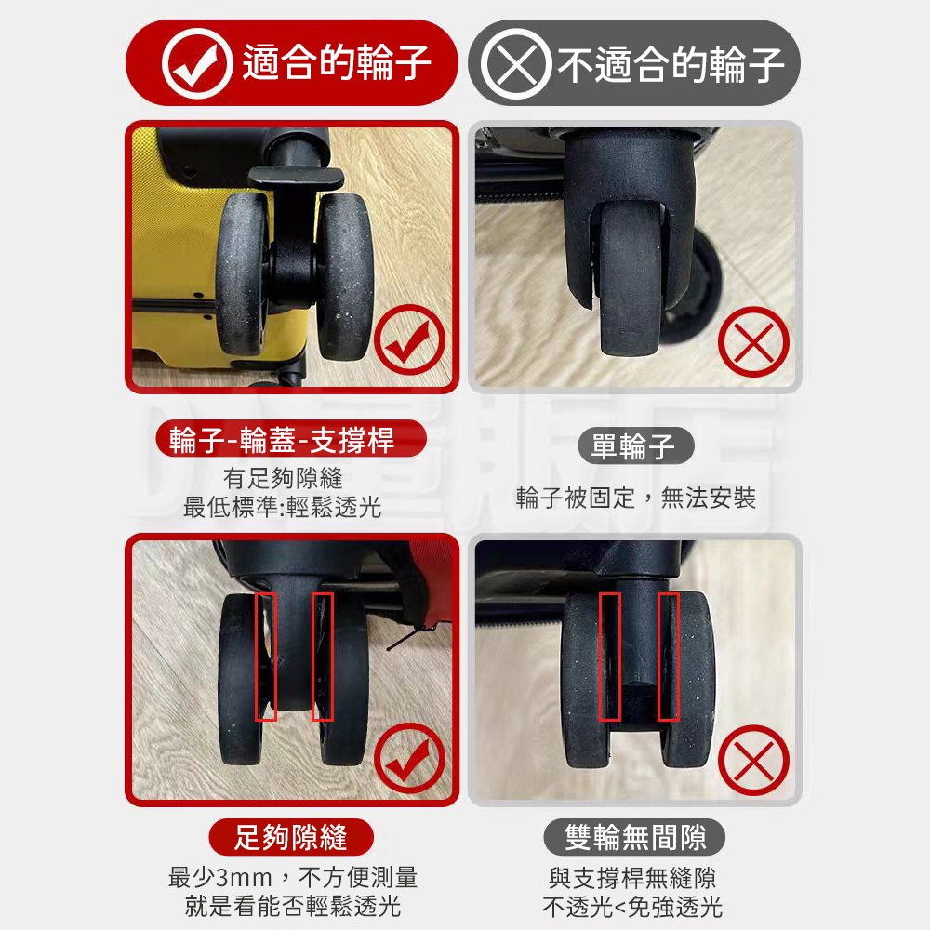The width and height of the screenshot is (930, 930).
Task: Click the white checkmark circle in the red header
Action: click(197, 63)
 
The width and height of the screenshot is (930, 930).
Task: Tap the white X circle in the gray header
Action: click(516, 63)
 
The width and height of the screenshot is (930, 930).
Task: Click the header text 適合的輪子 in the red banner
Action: click(337, 62)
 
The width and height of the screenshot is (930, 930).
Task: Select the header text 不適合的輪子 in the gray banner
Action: click(671, 64)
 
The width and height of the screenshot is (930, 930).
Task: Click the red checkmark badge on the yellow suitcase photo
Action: click(410, 340)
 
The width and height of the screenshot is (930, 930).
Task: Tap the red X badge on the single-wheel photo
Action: click(753, 342)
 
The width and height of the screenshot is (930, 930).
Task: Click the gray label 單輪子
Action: click(634, 446)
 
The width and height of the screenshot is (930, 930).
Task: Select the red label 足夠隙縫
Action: click(290, 837)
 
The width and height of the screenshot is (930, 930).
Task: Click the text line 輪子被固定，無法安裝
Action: click(636, 498)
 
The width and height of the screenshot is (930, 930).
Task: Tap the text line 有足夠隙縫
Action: click(283, 478)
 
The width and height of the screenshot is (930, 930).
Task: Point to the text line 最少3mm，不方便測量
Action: click(293, 877)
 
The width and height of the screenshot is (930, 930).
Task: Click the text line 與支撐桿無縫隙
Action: click(632, 878)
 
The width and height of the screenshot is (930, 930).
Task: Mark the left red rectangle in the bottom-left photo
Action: click(266, 656)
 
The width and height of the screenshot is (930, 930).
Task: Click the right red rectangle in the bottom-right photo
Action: click(669, 656)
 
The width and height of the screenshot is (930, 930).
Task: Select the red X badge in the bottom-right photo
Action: click(753, 760)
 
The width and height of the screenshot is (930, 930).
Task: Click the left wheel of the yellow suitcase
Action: click(243, 274)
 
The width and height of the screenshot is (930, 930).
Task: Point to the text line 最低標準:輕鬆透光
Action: click(283, 507)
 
